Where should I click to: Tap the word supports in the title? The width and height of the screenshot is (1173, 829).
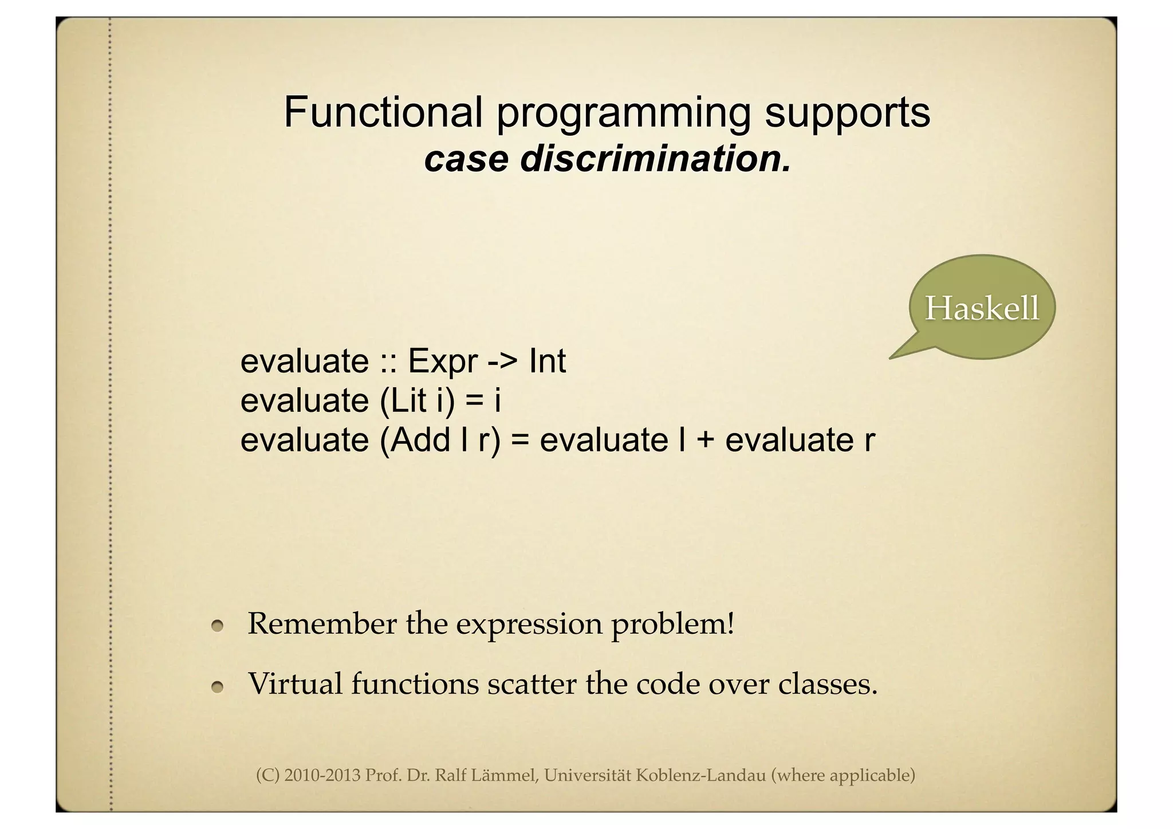click(x=847, y=112)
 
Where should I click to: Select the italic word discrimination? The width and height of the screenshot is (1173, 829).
click(x=655, y=159)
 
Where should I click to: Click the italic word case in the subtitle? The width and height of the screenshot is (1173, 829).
click(x=466, y=159)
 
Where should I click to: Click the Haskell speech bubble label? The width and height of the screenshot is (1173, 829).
click(x=982, y=308)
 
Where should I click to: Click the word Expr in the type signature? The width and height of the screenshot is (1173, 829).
click(x=442, y=362)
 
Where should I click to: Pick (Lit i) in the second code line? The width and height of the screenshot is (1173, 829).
click(x=418, y=400)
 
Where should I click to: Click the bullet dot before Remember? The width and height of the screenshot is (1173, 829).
click(x=217, y=627)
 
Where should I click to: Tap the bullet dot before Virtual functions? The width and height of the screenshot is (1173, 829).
click(x=217, y=687)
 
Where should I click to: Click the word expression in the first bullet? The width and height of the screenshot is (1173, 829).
click(x=529, y=624)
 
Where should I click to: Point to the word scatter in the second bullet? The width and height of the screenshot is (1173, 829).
click(x=531, y=684)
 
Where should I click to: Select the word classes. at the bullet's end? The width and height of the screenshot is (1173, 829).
click(x=828, y=684)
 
